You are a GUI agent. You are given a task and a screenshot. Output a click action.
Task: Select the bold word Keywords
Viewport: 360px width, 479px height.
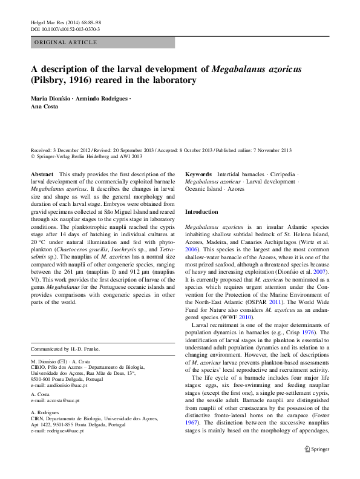coord(198,174)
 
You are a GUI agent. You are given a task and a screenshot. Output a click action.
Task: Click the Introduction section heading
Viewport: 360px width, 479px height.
coord(201,212)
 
